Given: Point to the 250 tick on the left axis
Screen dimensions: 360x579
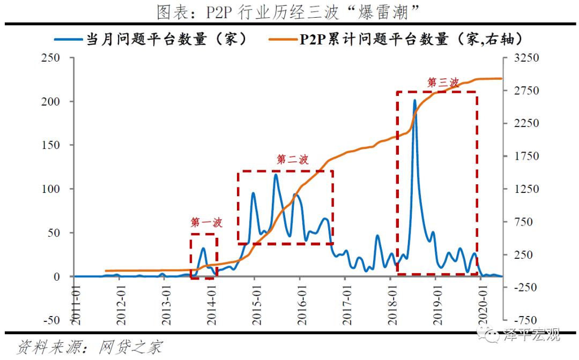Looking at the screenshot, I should pos(50,58).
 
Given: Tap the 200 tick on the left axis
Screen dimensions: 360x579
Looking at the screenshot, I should pos(50,102).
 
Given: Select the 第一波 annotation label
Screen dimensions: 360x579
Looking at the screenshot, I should pos(206,222).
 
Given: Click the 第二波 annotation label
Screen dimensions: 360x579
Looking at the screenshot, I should pos(293,160).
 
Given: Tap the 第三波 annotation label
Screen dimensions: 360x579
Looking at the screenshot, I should pos(443,82).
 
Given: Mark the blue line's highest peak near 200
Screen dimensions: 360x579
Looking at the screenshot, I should pos(414,100).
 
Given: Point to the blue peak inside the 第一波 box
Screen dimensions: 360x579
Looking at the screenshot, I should pos(203,248).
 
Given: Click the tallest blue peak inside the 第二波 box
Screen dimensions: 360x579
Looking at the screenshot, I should pos(276,174).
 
